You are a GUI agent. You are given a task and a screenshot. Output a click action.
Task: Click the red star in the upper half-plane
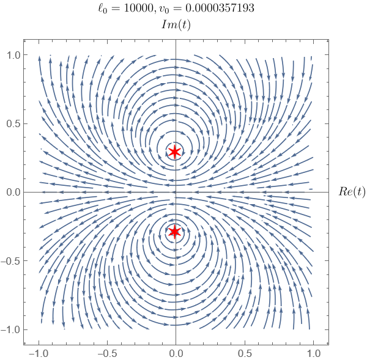(174, 152)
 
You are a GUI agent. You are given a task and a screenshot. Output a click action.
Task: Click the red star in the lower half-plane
(174, 232)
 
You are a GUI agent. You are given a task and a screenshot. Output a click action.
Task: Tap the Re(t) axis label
(352, 192)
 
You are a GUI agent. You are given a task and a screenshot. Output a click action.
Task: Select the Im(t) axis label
(176, 25)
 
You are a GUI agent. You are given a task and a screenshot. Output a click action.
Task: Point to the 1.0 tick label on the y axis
(13, 55)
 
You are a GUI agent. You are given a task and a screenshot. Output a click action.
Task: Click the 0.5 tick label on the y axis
(13, 123)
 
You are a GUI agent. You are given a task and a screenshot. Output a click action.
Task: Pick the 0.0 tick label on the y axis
(13, 193)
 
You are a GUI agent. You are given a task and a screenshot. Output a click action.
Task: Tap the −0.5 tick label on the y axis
(10, 261)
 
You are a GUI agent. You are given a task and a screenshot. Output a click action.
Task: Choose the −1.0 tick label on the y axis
(10, 329)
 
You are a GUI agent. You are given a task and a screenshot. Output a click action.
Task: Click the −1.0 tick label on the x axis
(39, 353)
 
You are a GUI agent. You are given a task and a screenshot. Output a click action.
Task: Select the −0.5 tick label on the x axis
(107, 353)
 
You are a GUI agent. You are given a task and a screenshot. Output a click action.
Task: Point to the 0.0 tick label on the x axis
(176, 353)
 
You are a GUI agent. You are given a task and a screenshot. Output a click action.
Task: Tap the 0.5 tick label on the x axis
(245, 353)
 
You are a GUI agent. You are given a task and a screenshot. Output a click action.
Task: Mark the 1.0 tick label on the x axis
(313, 353)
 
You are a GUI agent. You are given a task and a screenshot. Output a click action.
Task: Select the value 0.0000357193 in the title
(220, 8)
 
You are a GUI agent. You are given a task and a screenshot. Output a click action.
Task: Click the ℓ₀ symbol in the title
(103, 9)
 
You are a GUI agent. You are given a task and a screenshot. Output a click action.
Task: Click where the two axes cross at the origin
(176, 193)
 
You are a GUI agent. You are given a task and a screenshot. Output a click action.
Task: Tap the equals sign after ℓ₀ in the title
(115, 9)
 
